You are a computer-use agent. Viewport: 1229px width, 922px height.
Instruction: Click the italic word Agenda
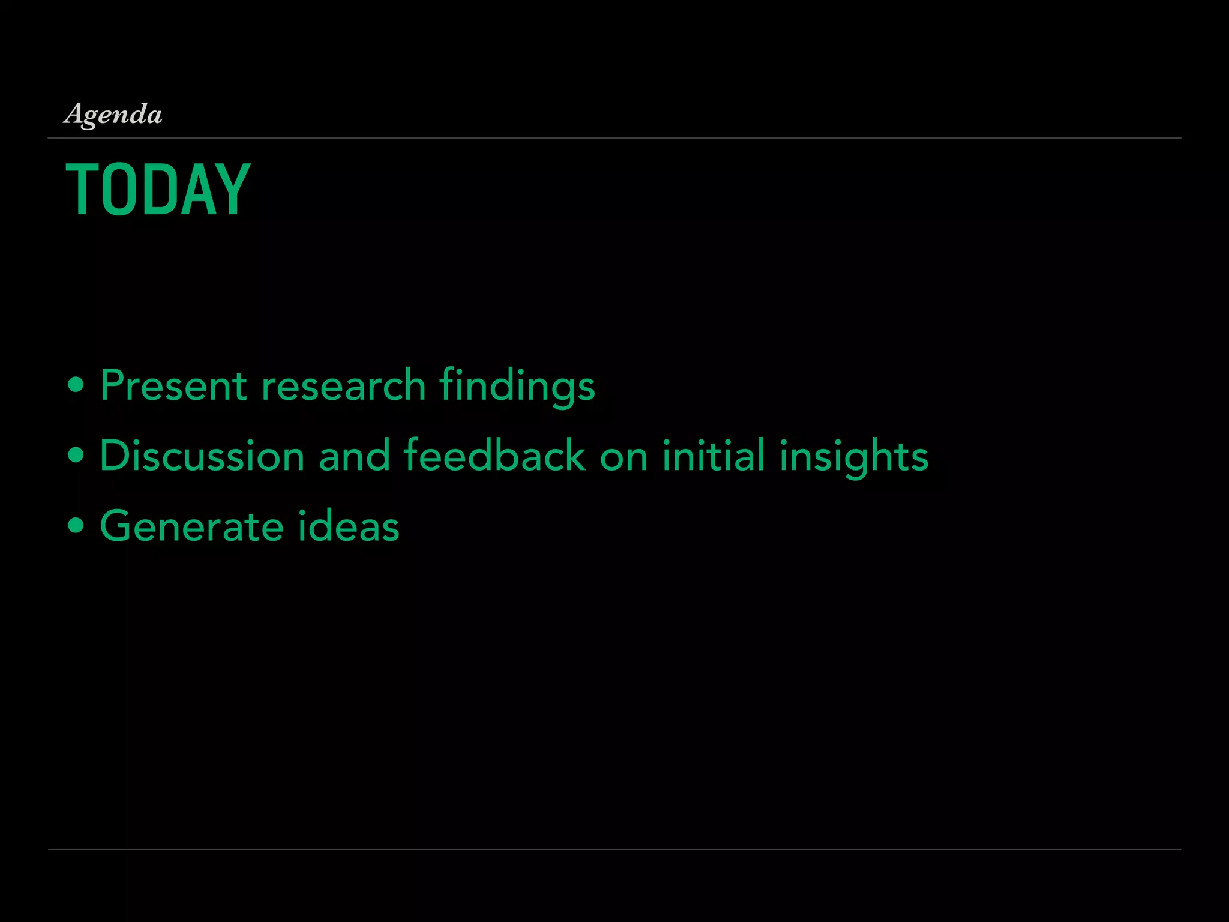click(113, 114)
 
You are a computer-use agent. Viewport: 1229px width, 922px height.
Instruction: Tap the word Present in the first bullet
click(173, 385)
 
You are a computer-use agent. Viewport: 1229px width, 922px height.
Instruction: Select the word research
click(343, 385)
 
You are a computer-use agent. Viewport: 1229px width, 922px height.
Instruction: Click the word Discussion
click(202, 456)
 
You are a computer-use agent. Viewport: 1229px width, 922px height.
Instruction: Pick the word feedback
click(494, 456)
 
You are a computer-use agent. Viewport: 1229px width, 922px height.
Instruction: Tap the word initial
click(714, 456)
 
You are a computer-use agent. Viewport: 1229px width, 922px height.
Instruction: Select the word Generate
click(191, 526)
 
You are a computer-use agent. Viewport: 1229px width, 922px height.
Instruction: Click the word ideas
click(349, 526)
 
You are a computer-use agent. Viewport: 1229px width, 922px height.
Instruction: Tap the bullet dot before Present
click(76, 385)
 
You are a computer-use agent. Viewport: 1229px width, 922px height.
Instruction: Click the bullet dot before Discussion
click(76, 456)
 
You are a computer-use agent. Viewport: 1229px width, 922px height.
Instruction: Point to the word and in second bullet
click(355, 456)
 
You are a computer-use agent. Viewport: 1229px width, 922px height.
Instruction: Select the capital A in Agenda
click(74, 113)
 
